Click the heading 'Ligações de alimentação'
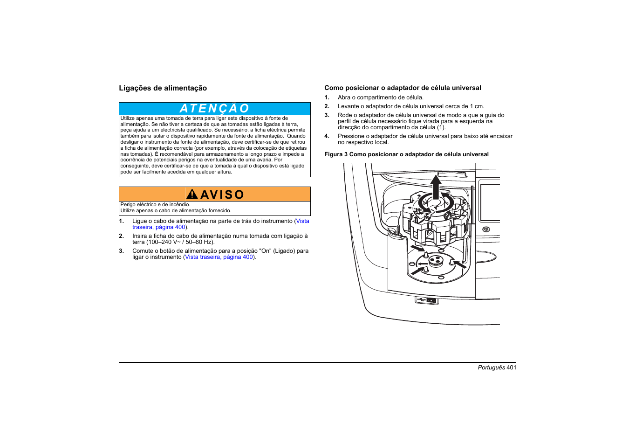pos(163,88)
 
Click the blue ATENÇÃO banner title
pos(214,109)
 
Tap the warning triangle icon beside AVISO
pos(191,194)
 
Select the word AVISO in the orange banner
pos(222,195)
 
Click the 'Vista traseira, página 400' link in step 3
pos(219,257)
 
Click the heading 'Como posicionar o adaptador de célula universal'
pos(403,88)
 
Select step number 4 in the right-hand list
pos(327,136)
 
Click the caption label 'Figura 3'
pos(336,154)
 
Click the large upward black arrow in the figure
pos(436,187)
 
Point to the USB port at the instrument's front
pos(426,300)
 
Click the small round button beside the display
pos(486,229)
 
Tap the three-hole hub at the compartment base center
pos(436,260)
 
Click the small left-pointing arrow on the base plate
pos(421,264)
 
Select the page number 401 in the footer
pos(511,368)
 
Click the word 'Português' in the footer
pos(491,368)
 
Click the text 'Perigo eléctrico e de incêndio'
pos(155,204)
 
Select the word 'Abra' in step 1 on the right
pos(344,97)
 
